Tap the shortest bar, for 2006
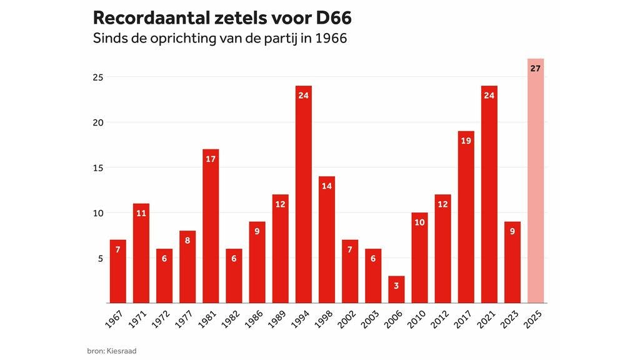[396, 291]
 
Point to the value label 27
[536, 68]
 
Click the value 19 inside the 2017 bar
[466, 141]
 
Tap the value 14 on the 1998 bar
[327, 186]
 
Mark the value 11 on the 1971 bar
[141, 213]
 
